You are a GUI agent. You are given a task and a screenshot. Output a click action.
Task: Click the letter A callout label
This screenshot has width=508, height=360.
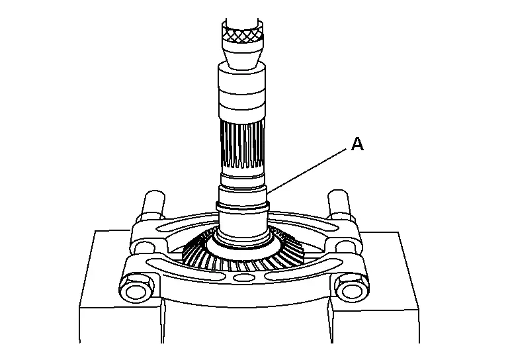tap(357, 144)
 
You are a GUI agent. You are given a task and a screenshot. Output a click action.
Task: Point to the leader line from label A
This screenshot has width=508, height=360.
tap(307, 170)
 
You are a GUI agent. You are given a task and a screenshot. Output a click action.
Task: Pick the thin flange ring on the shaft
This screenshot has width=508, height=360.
tap(243, 206)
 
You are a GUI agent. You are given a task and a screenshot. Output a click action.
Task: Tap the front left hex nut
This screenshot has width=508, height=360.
tap(136, 290)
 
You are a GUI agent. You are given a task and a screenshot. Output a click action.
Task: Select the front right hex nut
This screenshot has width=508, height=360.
tap(352, 289)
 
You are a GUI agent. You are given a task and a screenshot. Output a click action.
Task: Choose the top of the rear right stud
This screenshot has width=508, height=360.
tap(338, 195)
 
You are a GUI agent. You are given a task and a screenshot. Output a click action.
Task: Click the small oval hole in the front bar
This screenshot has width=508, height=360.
tap(241, 278)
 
